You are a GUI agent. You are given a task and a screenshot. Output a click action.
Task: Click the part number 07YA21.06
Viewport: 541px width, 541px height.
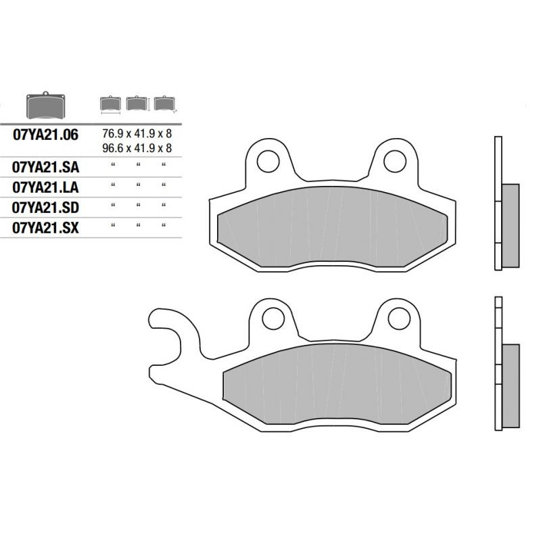[x=45, y=135]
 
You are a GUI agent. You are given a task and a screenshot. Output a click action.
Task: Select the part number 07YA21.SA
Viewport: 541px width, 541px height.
[x=45, y=167]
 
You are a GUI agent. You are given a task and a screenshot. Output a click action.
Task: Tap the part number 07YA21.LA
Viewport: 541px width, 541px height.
[x=45, y=188]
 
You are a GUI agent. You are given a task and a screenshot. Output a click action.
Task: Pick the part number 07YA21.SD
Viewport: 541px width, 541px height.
[x=45, y=208]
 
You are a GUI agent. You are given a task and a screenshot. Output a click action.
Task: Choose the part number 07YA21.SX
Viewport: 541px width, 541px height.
[x=45, y=228]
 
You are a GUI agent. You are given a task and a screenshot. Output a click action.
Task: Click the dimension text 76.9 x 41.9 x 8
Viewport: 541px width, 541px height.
[x=137, y=133]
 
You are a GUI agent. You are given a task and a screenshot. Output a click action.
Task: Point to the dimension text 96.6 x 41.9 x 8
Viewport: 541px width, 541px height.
[x=137, y=148]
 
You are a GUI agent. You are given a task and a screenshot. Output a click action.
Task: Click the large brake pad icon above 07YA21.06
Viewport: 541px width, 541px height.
[x=45, y=105]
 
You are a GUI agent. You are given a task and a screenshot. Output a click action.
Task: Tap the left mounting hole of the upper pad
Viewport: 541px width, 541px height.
[x=268, y=162]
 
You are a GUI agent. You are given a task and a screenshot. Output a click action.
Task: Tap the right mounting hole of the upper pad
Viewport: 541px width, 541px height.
[x=395, y=162]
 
